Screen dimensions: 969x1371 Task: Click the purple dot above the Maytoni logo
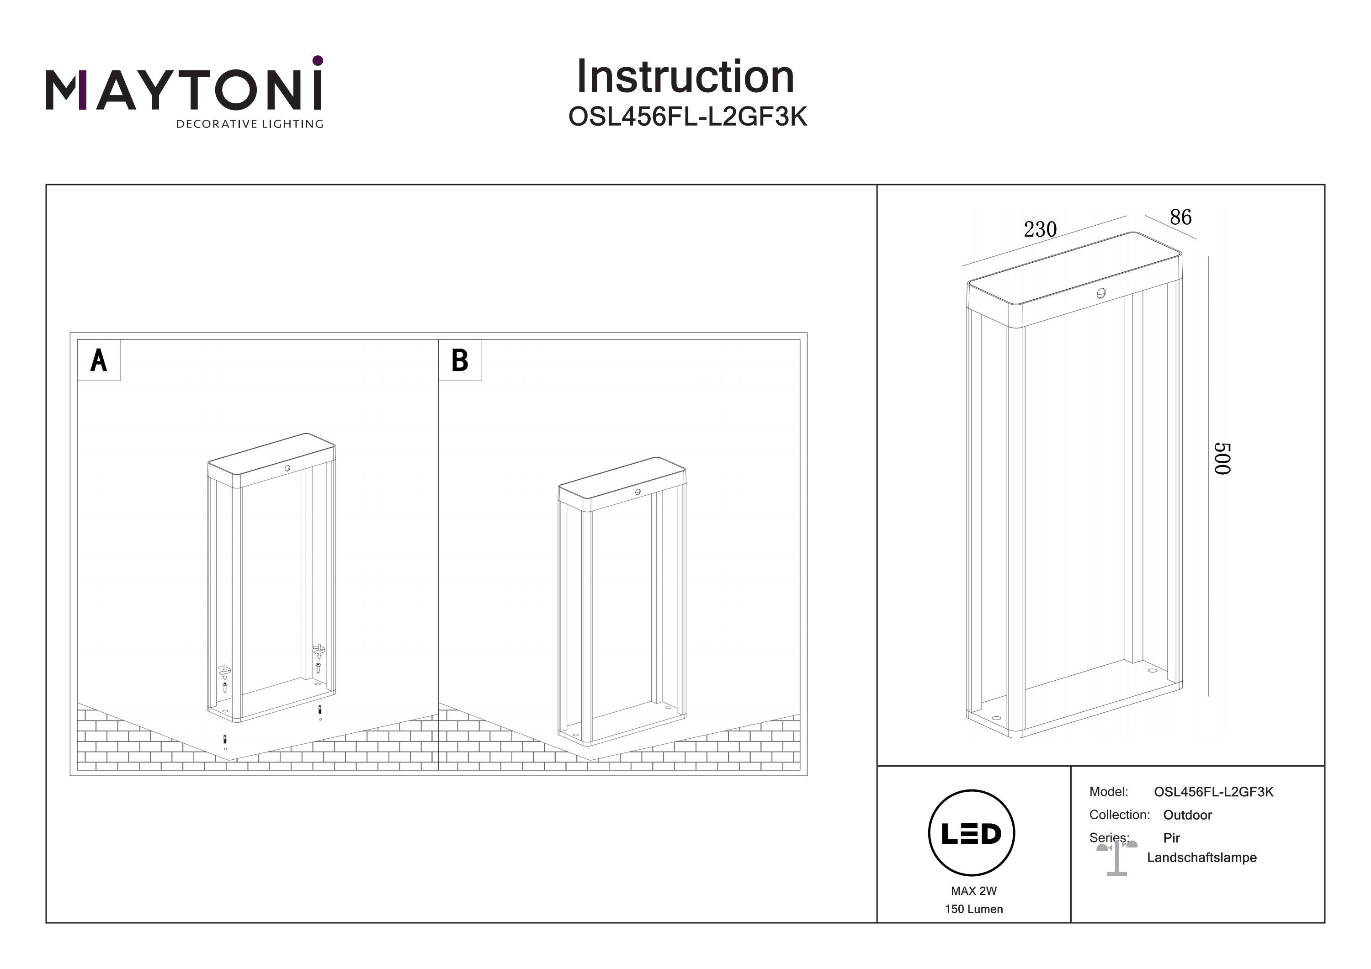318,60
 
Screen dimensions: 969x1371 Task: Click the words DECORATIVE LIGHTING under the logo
250,124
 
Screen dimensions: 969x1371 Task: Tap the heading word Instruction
685,77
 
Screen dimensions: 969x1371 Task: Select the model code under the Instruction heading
687,117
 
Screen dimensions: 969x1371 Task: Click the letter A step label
99,360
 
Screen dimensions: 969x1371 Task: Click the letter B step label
460,360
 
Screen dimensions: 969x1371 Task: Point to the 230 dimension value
1040,229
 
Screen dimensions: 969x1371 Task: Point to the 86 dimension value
1180,217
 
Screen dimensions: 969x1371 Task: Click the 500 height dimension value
1222,459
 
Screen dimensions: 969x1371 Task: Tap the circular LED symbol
972,833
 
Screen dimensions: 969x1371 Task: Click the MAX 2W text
974,891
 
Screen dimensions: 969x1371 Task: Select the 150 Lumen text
974,909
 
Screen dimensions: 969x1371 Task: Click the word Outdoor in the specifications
1187,815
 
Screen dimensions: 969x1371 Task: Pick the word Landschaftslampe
1201,858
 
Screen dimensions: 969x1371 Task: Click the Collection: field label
1119,815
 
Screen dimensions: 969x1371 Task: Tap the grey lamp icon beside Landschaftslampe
1116,858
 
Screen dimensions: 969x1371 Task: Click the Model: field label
1108,792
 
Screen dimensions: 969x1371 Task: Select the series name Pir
1172,837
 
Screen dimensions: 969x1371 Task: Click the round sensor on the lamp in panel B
638,492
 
